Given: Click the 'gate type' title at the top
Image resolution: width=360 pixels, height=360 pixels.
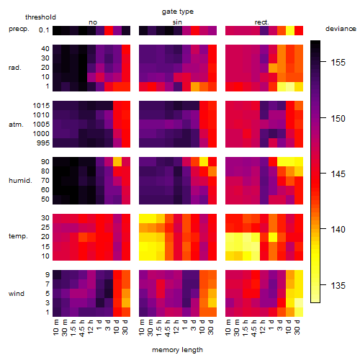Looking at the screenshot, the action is coord(178,12).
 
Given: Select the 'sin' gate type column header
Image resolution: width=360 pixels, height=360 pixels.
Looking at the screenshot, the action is coord(177,22).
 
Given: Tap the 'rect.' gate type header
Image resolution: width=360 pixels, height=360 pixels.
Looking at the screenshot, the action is coord(261,22).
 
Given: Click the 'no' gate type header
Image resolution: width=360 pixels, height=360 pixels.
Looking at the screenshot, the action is coord(93,22).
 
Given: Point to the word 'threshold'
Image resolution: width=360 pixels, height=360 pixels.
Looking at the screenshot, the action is coord(40,17).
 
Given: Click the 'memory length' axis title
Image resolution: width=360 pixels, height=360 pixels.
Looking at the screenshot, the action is coord(177,350).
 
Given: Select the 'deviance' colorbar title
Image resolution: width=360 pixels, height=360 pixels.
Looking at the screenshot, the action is coord(341,29).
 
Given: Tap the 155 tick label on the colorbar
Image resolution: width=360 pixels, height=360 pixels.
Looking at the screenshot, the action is coord(338,63).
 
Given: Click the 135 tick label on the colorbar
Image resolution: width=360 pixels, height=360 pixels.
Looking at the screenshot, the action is coord(338,286).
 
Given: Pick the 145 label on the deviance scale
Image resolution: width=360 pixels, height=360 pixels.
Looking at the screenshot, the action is coord(338,174).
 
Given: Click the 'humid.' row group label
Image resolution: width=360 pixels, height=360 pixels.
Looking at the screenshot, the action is coord(20,181).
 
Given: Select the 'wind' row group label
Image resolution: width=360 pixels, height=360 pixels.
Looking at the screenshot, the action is coord(17,294).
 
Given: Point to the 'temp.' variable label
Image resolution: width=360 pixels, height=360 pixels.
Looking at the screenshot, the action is coord(18,236).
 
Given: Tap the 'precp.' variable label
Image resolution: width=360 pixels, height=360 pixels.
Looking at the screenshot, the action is coord(19,29).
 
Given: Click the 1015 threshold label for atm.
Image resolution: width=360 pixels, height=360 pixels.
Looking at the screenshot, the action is coord(41,106).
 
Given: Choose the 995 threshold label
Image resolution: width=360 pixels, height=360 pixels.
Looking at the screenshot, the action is coord(43,143).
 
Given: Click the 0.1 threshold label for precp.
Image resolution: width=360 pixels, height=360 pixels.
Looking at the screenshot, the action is coord(44,30).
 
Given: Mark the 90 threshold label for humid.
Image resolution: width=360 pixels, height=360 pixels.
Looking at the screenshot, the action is coord(45,162).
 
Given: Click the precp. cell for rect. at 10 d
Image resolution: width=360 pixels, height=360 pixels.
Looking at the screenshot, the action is coord(290,30).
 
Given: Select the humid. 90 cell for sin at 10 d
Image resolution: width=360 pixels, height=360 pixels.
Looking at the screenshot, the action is coord(204,162).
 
